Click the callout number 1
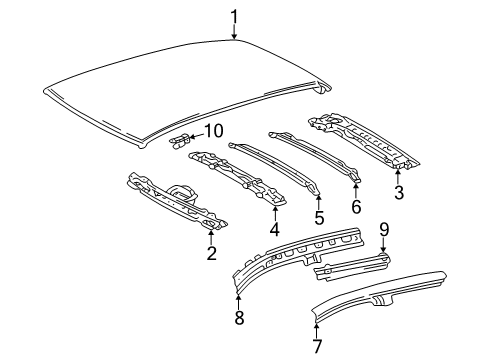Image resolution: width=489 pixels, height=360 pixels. coord(234,15)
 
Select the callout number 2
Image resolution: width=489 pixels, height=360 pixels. coord(211,254)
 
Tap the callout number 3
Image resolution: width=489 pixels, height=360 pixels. coord(398,193)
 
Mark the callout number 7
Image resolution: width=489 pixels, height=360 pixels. coord(317,346)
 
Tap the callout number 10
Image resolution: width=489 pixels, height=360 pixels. coord(213,130)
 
